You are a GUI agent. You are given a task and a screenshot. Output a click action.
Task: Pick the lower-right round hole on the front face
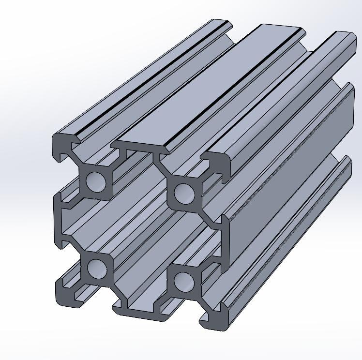click(183, 281)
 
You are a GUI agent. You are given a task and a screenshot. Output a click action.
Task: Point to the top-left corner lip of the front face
click(61, 146)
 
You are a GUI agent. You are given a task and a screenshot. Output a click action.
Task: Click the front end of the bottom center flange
click(140, 310)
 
